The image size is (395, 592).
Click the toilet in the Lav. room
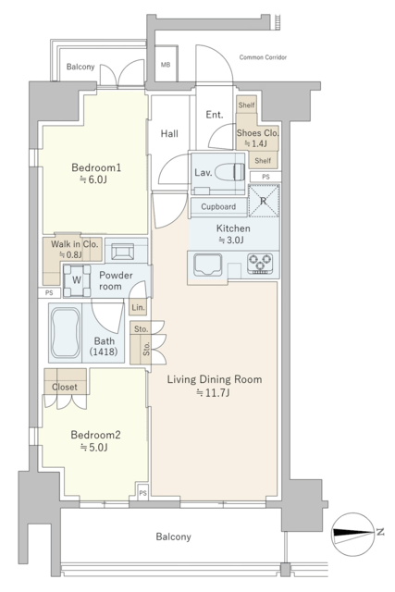(230, 172)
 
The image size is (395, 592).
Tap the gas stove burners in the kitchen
(260, 263)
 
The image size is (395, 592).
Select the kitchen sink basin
(207, 265)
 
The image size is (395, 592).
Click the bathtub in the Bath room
(66, 333)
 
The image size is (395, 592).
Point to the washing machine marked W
(77, 280)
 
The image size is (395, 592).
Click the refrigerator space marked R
(264, 201)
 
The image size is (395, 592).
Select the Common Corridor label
(263, 57)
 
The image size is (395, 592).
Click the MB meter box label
(166, 65)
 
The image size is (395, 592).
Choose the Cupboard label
(218, 207)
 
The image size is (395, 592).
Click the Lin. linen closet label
(138, 308)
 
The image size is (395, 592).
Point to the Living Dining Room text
(215, 379)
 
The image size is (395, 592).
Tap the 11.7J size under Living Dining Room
(214, 392)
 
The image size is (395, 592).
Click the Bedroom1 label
(96, 167)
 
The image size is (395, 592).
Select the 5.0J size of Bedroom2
(94, 448)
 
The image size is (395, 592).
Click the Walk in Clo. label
(74, 244)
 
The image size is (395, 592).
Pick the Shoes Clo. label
(257, 133)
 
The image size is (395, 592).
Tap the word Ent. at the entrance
(214, 115)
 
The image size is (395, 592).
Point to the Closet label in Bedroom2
(65, 387)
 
